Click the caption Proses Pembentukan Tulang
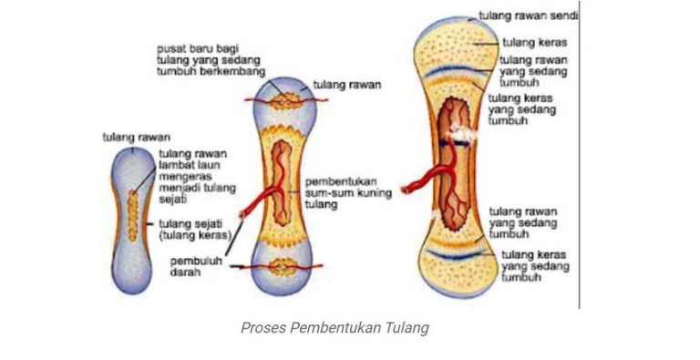335,328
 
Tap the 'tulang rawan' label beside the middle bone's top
346,85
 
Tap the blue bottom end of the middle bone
283,281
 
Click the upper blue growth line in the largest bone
454,69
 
